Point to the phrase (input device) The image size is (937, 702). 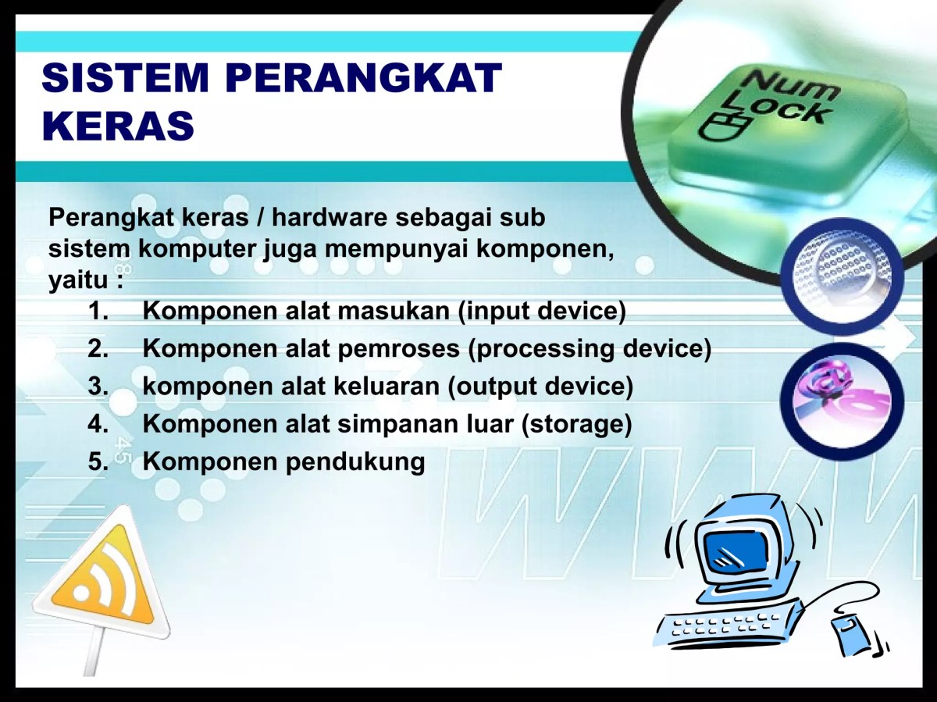pos(542,312)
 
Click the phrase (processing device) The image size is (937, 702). pos(590,349)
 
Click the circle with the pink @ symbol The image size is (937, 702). pos(841,395)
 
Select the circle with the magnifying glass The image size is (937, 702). pos(841,276)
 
